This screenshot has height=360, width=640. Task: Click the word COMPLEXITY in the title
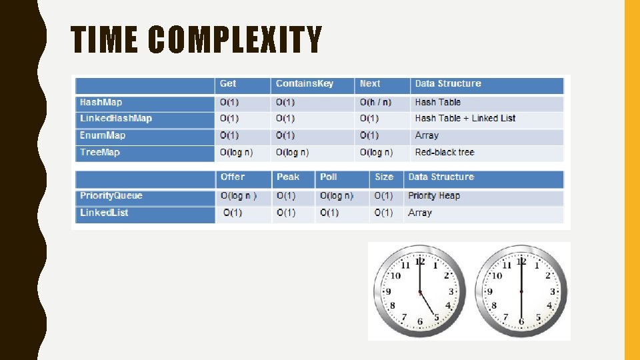[x=235, y=40]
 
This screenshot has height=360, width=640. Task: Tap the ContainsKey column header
[x=304, y=84]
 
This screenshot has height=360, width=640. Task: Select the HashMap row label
[x=101, y=102]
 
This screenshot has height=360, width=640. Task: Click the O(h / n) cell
[x=375, y=102]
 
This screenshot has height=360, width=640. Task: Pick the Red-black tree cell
[x=444, y=153]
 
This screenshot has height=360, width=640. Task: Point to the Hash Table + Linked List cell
[x=465, y=119]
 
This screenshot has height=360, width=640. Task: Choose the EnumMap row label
[x=103, y=135]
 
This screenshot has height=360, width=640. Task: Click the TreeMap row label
[x=100, y=153]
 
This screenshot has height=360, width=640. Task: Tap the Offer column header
[x=233, y=177]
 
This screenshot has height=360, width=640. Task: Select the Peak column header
[x=288, y=177]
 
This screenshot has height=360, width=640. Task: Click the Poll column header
[x=328, y=177]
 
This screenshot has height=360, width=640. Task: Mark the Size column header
[x=384, y=177]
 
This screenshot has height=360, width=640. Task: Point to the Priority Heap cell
[x=434, y=196]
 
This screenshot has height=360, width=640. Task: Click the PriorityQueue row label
[x=111, y=196]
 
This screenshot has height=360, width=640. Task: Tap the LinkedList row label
[x=104, y=213]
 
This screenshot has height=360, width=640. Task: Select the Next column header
[x=370, y=84]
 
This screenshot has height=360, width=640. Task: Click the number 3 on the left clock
[x=451, y=291]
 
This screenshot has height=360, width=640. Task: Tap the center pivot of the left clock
[x=420, y=292]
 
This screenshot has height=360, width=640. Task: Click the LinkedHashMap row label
[x=116, y=119]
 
